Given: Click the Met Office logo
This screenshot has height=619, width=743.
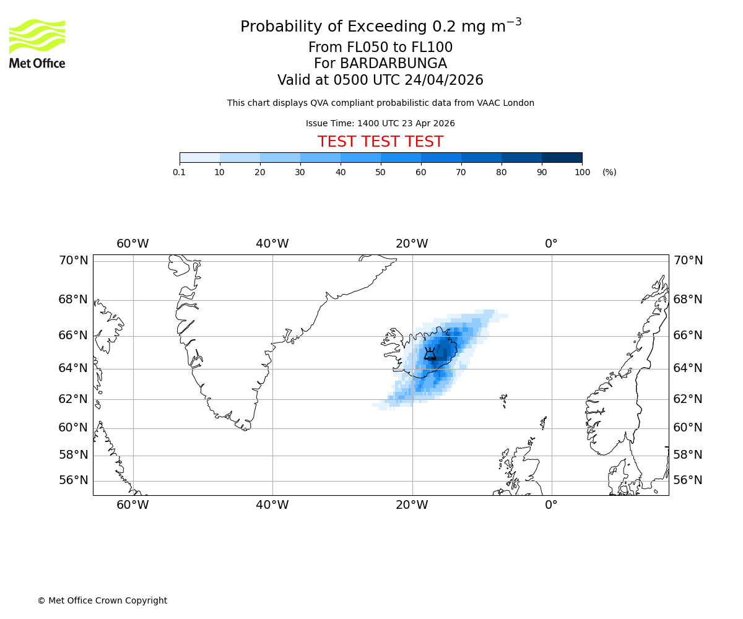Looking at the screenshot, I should [x=37, y=43].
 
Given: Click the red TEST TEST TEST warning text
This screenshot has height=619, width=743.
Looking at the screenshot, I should [x=380, y=142].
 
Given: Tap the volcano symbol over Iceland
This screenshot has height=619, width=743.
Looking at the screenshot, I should [x=430, y=354].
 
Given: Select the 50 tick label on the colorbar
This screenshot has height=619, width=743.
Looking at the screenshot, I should [x=381, y=172].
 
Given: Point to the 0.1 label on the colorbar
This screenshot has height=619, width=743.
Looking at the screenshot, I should [x=180, y=172].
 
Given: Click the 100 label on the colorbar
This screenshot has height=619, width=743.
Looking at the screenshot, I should [x=582, y=172].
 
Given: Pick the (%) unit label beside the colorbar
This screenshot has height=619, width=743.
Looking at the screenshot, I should [x=609, y=172].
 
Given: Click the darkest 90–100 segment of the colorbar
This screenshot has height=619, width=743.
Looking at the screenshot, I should [x=562, y=157].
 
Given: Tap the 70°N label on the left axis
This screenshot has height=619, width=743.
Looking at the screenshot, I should [x=73, y=261].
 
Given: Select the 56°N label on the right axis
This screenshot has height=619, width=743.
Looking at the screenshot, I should [x=688, y=480].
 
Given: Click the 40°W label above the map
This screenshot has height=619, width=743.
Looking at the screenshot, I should [x=272, y=244].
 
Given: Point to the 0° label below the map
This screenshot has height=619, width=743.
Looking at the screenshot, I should [x=551, y=505].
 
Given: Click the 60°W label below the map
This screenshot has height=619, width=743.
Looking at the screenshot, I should [x=133, y=505].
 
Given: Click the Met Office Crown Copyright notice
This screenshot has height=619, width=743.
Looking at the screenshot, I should [x=102, y=600].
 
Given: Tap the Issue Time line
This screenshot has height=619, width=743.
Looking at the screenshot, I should [x=380, y=123].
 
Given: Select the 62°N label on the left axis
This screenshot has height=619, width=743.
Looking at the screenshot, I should [x=73, y=399].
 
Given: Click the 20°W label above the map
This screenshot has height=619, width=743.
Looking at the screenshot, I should [x=412, y=244].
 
